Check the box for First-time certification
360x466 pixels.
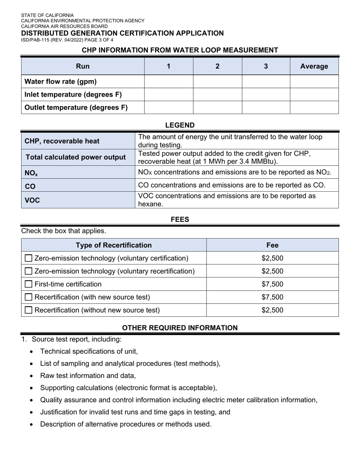click(28, 284)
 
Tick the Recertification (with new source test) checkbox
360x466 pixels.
click(28, 297)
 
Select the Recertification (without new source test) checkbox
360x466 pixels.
click(28, 310)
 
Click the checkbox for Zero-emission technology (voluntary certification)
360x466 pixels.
click(28, 258)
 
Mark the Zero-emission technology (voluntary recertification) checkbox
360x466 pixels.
click(28, 271)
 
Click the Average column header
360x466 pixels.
click(314, 66)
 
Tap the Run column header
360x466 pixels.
click(83, 66)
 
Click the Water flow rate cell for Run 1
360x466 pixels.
click(169, 81)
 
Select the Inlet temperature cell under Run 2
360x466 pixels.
click(217, 94)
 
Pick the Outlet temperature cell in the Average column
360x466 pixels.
click(314, 108)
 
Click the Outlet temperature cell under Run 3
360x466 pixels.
click(266, 108)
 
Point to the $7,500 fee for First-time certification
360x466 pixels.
click(272, 284)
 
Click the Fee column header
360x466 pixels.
click(272, 245)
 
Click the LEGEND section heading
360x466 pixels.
click(180, 125)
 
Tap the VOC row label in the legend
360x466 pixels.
click(32, 200)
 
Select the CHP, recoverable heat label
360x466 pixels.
click(62, 141)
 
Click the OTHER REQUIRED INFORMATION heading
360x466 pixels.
click(180, 328)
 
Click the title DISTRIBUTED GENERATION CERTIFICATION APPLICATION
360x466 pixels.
click(122, 33)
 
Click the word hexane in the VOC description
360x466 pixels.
click(150, 204)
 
